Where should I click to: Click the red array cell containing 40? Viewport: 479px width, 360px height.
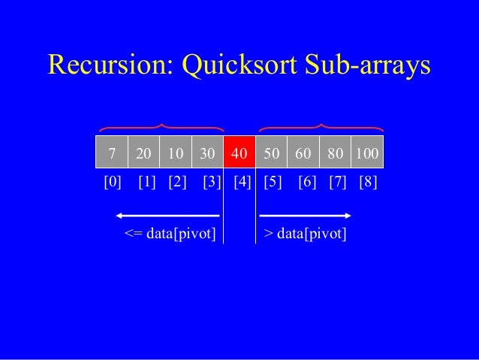click(239, 153)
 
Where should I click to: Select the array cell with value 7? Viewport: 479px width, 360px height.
click(112, 153)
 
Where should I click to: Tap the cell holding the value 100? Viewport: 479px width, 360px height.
click(367, 153)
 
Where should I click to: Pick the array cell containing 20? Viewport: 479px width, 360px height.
click(144, 153)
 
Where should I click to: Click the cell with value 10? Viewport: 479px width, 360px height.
click(176, 153)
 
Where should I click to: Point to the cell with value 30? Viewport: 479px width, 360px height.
click(208, 153)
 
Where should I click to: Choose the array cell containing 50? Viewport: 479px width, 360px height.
click(272, 153)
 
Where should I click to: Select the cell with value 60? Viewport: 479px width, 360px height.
click(303, 153)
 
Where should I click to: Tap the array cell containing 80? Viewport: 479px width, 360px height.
click(336, 153)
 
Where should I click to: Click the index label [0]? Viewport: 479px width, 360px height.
click(112, 183)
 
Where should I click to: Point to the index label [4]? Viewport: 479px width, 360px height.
click(243, 183)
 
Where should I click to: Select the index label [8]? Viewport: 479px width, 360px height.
click(368, 183)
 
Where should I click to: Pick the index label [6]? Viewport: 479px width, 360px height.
click(307, 183)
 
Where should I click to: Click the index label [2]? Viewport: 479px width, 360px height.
click(177, 183)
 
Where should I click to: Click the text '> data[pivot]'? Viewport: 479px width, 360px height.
click(306, 234)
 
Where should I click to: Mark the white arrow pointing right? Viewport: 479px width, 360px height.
click(305, 216)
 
